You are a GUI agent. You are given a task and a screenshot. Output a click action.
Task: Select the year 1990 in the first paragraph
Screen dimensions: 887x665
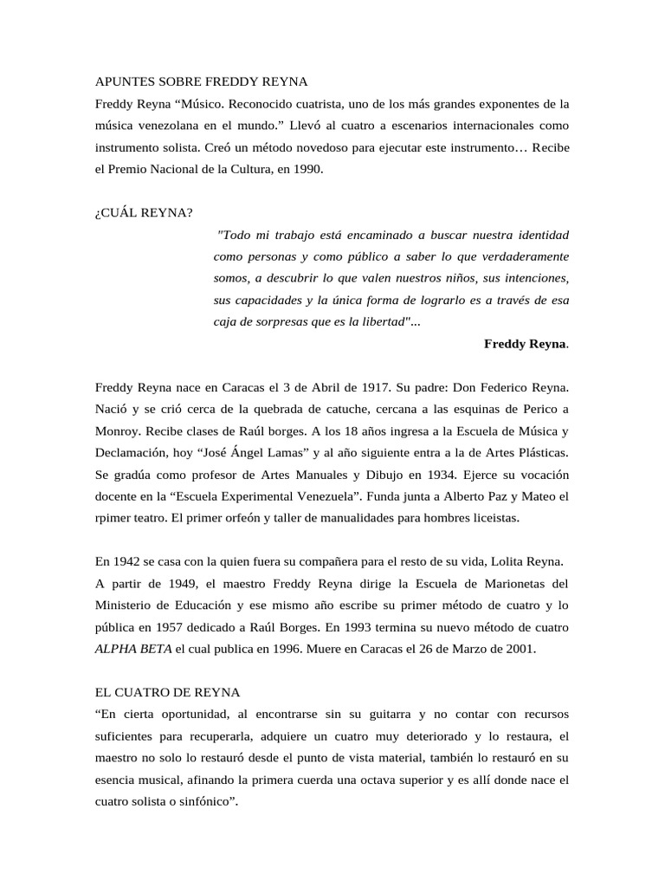[x=307, y=170]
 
